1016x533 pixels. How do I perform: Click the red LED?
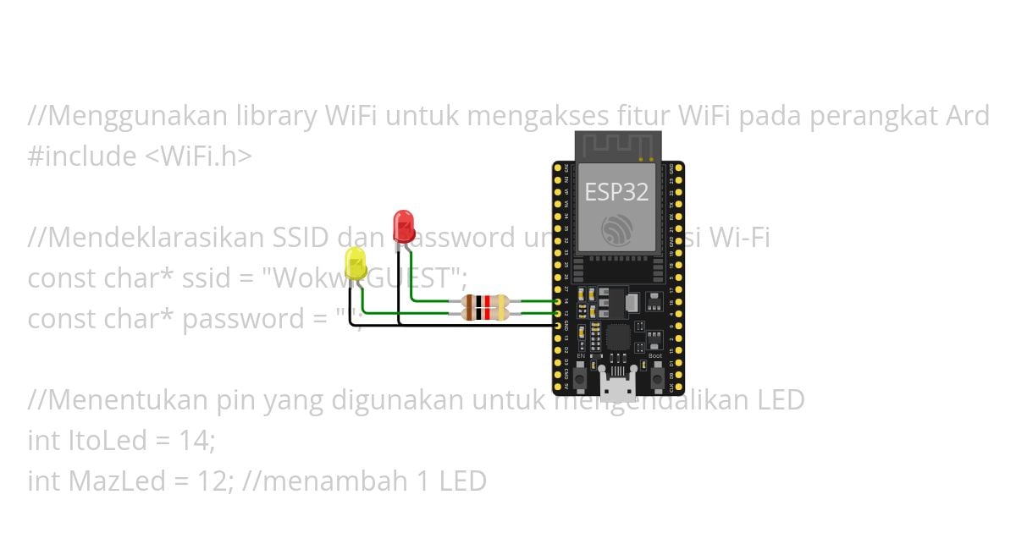coord(404,226)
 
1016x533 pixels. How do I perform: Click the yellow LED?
coord(356,264)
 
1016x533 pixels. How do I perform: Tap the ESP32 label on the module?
coord(616,192)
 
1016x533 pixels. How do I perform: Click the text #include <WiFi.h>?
coord(140,157)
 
